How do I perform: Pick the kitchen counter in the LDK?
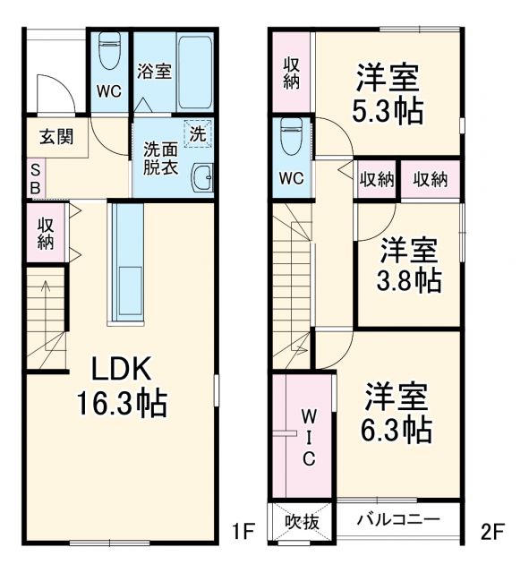pos(126,261)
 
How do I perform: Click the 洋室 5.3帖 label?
pos(388,95)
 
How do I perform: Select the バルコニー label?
pos(397,519)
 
